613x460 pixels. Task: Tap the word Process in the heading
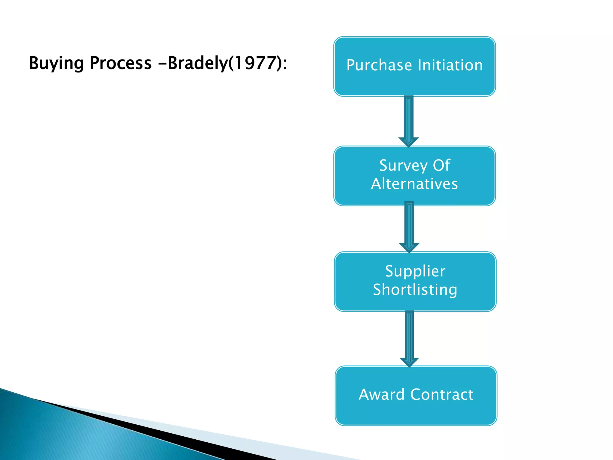coord(121,63)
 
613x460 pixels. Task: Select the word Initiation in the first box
coord(450,65)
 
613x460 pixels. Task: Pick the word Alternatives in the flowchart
coord(415,184)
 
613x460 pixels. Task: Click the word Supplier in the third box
coord(415,271)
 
